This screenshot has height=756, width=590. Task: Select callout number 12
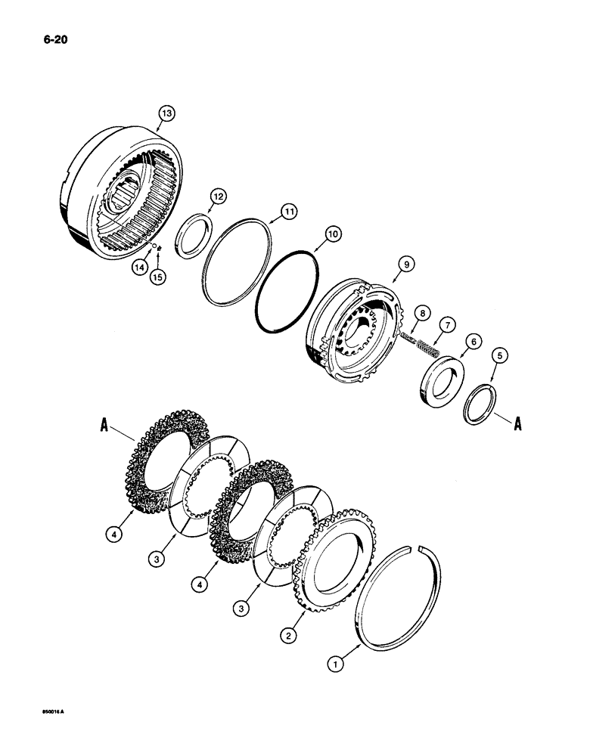(x=218, y=197)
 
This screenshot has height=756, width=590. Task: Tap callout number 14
(x=138, y=266)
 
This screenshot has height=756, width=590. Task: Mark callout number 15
(x=158, y=277)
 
